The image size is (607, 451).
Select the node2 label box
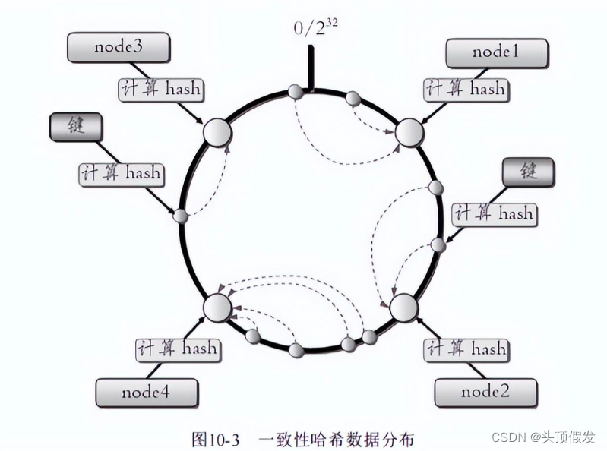[485, 392]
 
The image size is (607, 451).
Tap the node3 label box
[119, 48]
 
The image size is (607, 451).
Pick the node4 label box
[147, 393]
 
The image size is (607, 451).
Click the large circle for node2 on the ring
[403, 307]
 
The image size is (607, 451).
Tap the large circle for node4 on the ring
[217, 307]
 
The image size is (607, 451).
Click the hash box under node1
[466, 89]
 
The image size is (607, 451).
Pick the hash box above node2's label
[466, 348]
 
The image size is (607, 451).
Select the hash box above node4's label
[177, 348]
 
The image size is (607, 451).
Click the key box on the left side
[76, 126]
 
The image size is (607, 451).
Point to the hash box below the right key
[493, 213]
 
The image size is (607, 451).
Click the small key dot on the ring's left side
[181, 216]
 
